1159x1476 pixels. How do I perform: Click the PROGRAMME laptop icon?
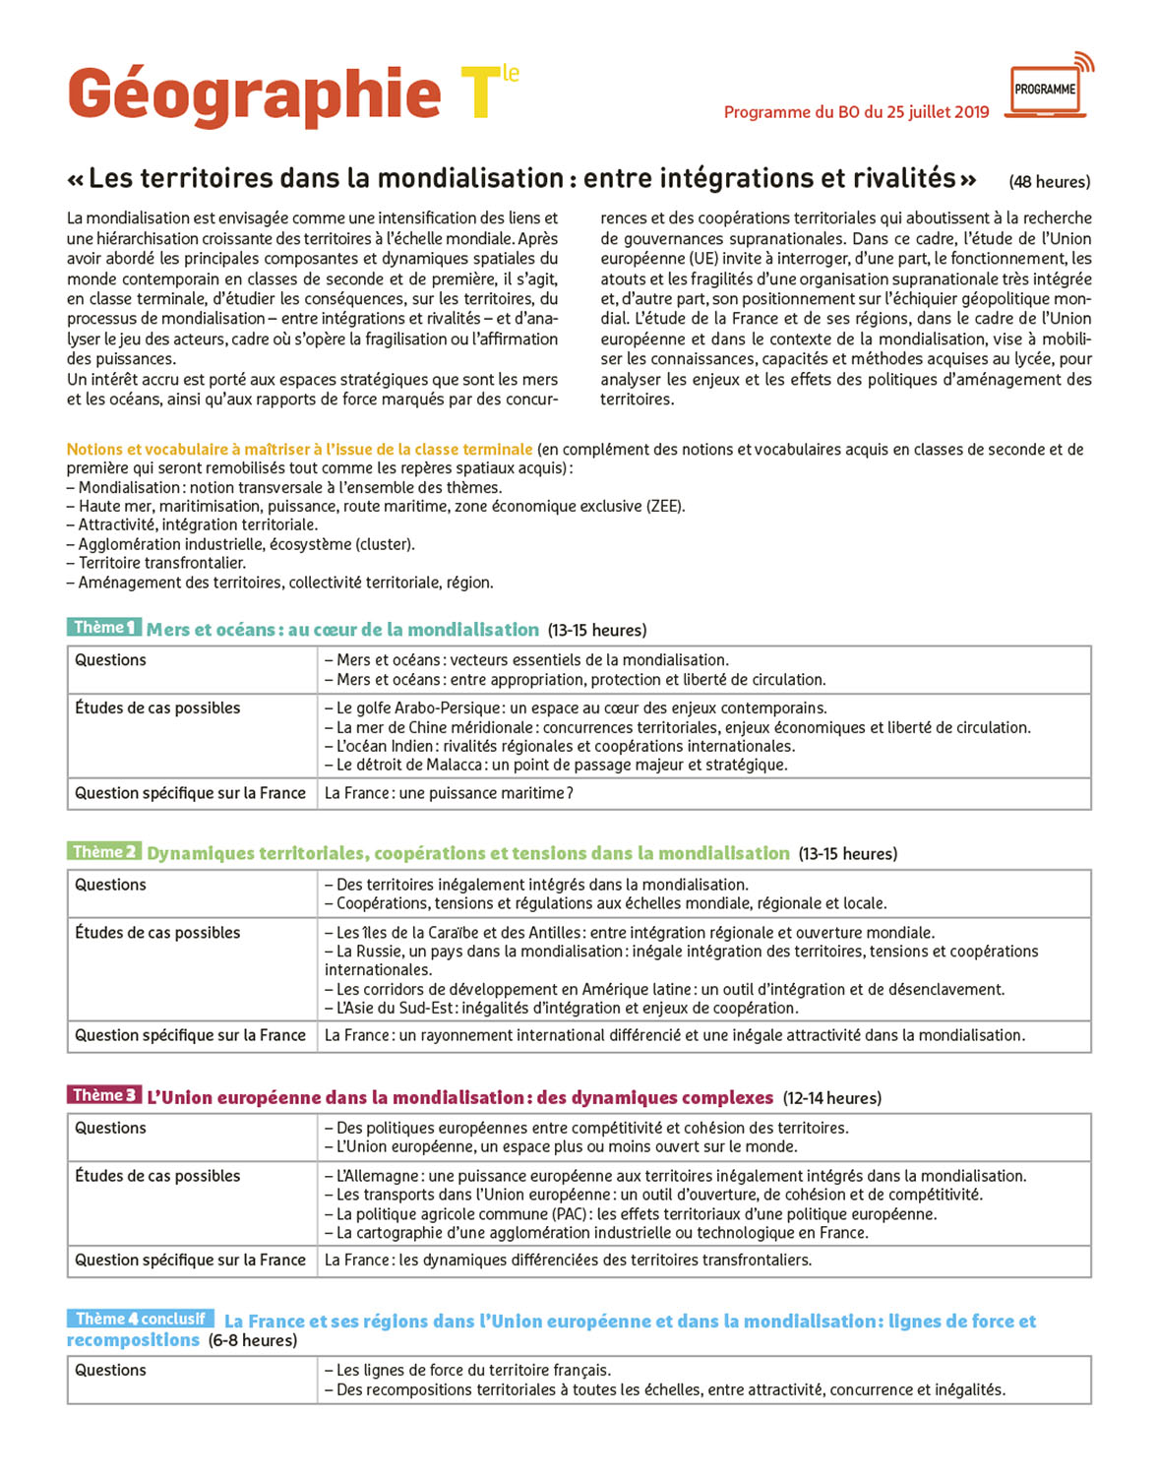(x=1046, y=90)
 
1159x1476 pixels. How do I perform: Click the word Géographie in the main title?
(x=254, y=95)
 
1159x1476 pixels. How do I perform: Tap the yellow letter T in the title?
(x=479, y=94)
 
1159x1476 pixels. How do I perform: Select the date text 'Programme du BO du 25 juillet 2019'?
(x=856, y=112)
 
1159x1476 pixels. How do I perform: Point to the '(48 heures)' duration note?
(x=1049, y=182)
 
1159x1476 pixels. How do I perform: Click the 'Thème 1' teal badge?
(x=104, y=628)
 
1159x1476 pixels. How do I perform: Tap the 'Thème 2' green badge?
(x=104, y=852)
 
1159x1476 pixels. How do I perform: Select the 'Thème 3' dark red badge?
(x=104, y=1095)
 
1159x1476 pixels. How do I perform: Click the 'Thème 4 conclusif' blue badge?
(x=141, y=1319)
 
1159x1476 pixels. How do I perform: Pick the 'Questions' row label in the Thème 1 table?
(x=110, y=660)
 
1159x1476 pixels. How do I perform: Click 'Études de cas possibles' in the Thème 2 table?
(x=157, y=933)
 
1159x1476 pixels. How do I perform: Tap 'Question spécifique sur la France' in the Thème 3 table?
(x=190, y=1261)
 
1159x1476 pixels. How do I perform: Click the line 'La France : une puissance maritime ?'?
(x=449, y=793)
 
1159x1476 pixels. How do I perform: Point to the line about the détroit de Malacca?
(x=556, y=765)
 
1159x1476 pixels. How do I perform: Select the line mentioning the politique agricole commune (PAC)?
(x=630, y=1214)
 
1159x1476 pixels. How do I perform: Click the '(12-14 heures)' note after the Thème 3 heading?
(x=832, y=1098)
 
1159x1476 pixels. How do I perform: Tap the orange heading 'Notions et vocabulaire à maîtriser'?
(x=299, y=450)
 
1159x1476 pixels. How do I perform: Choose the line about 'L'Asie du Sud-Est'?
(x=561, y=1008)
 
